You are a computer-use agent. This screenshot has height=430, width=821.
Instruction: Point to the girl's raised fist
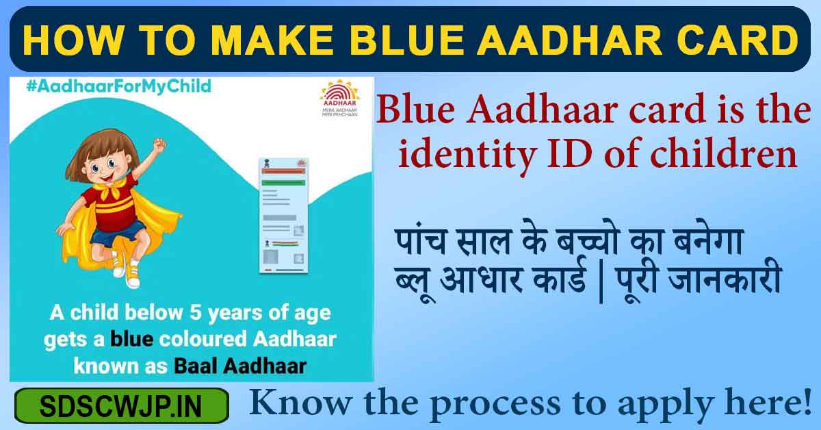pos(159,144)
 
